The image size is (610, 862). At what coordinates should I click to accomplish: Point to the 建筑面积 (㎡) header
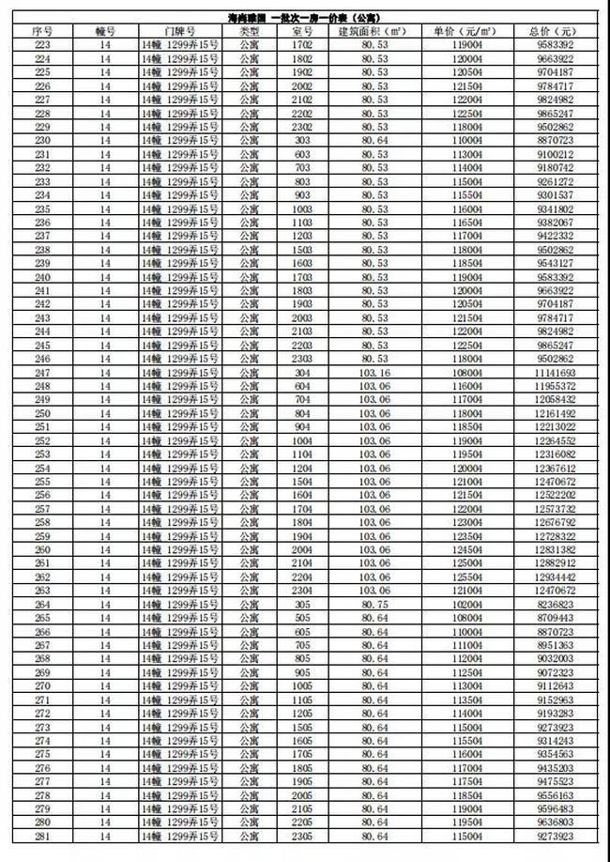coord(374,31)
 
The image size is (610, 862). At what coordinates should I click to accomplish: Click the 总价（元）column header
coord(557,31)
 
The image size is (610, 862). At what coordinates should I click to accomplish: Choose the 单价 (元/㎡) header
coord(465,31)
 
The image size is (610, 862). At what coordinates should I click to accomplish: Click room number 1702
coord(301,44)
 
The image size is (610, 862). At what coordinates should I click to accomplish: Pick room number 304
coord(301,371)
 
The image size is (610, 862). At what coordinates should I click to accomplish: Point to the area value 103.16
coord(374,371)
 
